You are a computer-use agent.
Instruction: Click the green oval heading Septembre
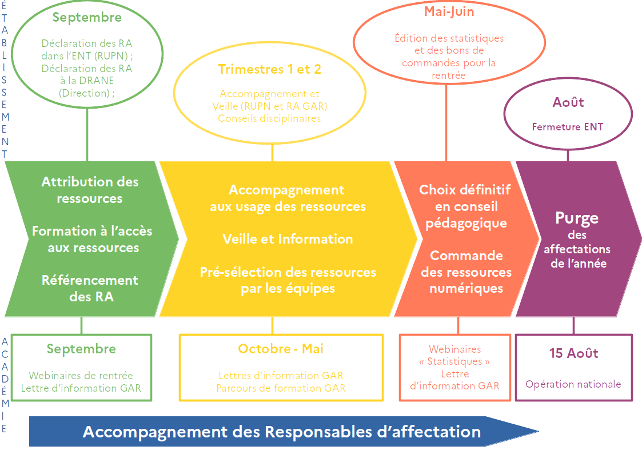pyautogui.click(x=87, y=17)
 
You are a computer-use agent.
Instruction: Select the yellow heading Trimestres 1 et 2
pyautogui.click(x=269, y=70)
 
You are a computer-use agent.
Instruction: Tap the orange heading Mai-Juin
pyautogui.click(x=449, y=11)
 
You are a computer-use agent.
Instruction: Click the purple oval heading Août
pyautogui.click(x=568, y=103)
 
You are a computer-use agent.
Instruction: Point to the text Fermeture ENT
pyautogui.click(x=567, y=127)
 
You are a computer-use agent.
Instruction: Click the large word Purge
pyautogui.click(x=577, y=218)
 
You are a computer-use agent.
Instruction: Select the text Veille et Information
pyautogui.click(x=288, y=239)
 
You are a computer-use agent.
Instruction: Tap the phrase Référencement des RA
pyautogui.click(x=90, y=288)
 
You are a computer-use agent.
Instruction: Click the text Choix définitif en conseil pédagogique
pyautogui.click(x=464, y=206)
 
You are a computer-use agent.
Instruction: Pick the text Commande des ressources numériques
pyautogui.click(x=466, y=272)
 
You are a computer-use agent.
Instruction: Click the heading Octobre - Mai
pyautogui.click(x=281, y=349)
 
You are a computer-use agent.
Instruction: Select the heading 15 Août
pyautogui.click(x=573, y=353)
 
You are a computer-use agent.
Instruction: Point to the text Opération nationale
pyautogui.click(x=573, y=384)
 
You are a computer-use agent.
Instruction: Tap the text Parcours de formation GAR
pyautogui.click(x=281, y=388)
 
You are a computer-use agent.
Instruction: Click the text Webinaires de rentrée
pyautogui.click(x=81, y=376)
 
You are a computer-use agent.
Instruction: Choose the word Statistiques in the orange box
pyautogui.click(x=458, y=361)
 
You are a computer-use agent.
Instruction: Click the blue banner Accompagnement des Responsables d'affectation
pyautogui.click(x=281, y=432)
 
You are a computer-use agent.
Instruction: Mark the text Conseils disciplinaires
pyautogui.click(x=269, y=118)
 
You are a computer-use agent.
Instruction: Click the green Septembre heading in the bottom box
pyautogui.click(x=81, y=349)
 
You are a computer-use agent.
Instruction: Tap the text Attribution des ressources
pyautogui.click(x=90, y=190)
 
